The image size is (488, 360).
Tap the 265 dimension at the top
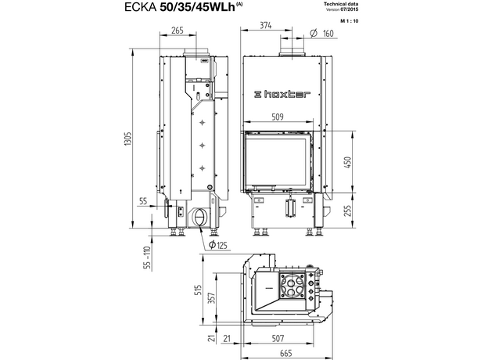(x=178, y=31)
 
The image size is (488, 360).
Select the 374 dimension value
(x=265, y=25)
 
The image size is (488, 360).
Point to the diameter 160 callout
(x=322, y=33)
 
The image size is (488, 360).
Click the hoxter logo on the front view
(x=282, y=94)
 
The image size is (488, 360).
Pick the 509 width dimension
(x=278, y=117)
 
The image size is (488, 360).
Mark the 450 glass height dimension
(x=347, y=162)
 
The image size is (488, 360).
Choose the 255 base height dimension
(x=348, y=211)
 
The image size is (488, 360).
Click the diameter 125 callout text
(x=218, y=245)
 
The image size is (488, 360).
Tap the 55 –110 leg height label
(x=147, y=257)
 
